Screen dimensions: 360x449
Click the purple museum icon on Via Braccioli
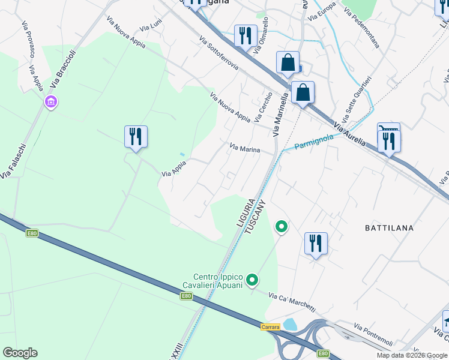click(x=50, y=103)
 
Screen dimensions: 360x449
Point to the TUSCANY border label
click(x=257, y=217)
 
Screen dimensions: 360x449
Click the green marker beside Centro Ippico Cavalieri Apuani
click(x=253, y=280)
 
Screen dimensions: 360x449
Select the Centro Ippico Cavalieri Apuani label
click(x=213, y=281)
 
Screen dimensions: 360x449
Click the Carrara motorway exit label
click(x=271, y=327)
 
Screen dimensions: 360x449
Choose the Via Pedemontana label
click(x=361, y=28)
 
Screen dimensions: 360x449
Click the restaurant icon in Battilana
click(x=316, y=243)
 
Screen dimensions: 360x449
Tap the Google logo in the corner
click(x=20, y=352)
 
